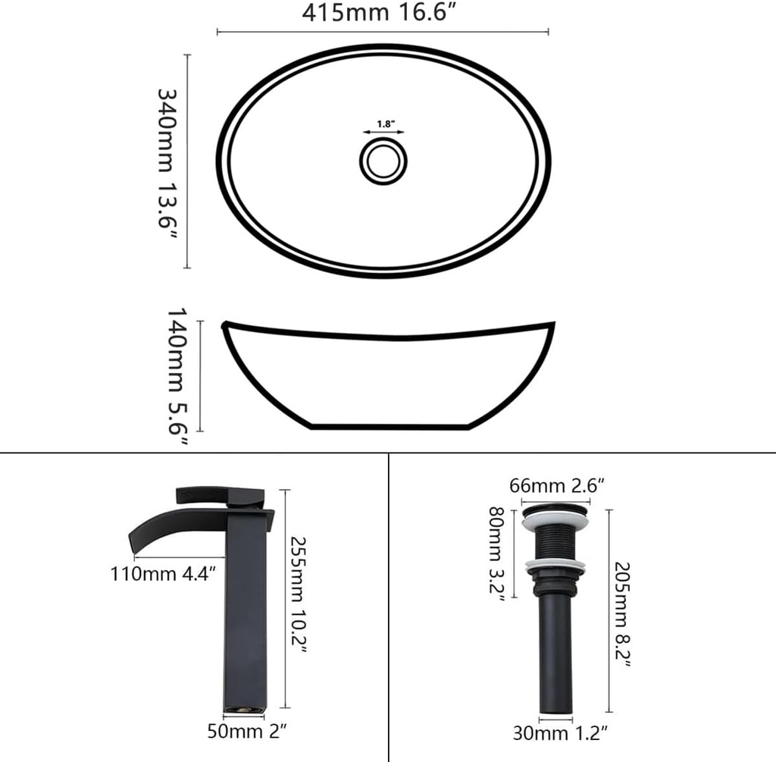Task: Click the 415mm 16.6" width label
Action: pyautogui.click(x=383, y=14)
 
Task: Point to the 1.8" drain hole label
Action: pyautogui.click(x=383, y=123)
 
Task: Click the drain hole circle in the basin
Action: pyautogui.click(x=383, y=159)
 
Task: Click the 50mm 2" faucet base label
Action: pyautogui.click(x=246, y=732)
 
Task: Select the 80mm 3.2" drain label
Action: pyautogui.click(x=501, y=553)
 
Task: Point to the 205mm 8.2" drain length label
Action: pyautogui.click(x=623, y=614)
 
